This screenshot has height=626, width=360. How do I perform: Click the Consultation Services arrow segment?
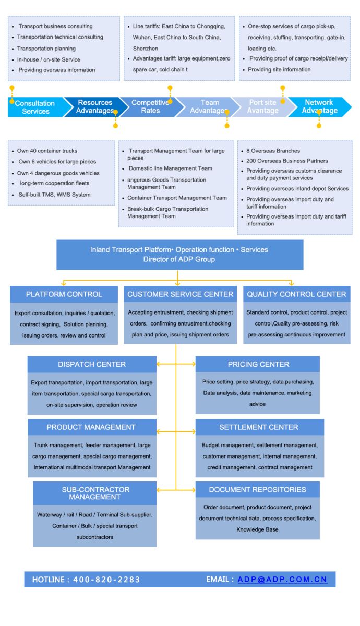tap(35, 107)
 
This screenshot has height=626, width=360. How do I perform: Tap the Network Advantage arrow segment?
tap(319, 106)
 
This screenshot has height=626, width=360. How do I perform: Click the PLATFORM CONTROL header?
tap(64, 294)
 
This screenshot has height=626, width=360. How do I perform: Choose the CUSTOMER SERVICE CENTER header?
tap(180, 294)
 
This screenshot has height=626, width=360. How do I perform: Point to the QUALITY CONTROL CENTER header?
tap(296, 294)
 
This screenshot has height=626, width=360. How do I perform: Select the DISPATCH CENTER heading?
tap(92, 364)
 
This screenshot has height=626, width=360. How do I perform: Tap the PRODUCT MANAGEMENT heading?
tap(91, 427)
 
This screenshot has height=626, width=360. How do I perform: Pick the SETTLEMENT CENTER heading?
tap(259, 427)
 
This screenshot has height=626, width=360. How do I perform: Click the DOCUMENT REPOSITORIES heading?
tap(257, 490)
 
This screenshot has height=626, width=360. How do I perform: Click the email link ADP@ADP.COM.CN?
tap(282, 580)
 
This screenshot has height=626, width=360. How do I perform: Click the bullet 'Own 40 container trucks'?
tap(47, 151)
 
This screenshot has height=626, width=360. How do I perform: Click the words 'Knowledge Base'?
tap(257, 529)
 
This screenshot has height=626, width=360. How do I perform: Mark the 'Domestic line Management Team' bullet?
tap(171, 168)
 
